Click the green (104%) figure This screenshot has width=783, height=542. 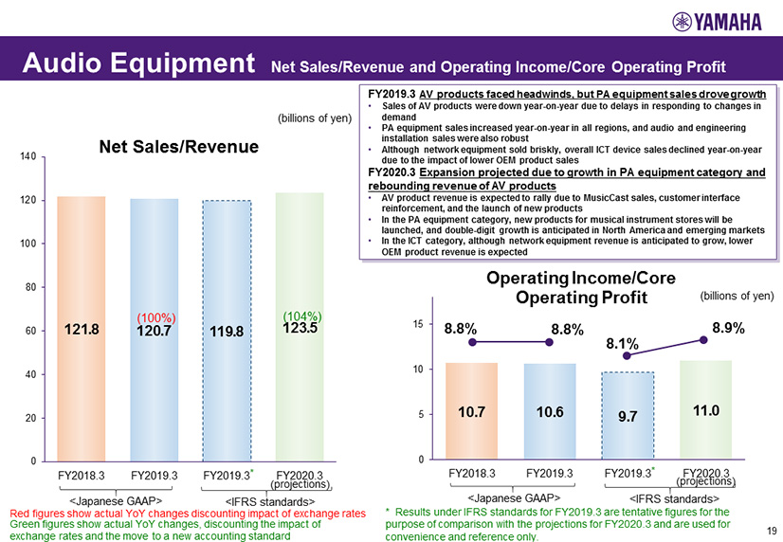tap(303, 315)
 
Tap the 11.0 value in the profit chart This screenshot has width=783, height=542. tap(704, 410)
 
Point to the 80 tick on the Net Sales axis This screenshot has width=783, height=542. tap(29, 287)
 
